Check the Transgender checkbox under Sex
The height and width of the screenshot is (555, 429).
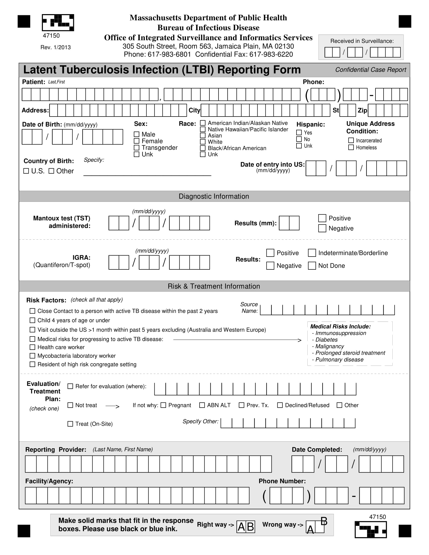pos(137,148)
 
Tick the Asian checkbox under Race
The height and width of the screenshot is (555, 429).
pos(203,135)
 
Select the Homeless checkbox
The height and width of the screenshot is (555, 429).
pos(351,147)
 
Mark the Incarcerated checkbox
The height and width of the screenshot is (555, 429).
pos(351,140)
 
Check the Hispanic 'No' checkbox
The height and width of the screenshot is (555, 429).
pos(299,139)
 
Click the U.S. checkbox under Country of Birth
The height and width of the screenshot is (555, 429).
pos(26,171)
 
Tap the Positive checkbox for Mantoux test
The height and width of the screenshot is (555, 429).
pos(322,218)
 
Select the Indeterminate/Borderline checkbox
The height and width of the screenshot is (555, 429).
pos(312,253)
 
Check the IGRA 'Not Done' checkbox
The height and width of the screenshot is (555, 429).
pos(312,266)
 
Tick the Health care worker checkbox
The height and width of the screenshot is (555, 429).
pos(32,347)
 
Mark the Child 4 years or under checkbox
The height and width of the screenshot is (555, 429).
pos(32,320)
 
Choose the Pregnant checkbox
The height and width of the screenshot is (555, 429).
pos(164,405)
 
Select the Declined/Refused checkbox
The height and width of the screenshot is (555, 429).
pos(280,405)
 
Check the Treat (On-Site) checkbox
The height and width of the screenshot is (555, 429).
pos(70,424)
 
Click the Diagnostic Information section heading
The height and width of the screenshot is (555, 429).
pos(214,196)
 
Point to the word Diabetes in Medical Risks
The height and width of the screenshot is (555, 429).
pos(326,340)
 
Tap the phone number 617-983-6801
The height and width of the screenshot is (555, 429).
pos(169,54)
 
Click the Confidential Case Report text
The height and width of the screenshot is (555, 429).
pos(370,70)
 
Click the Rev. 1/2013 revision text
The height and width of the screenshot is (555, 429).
pos(56,47)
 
